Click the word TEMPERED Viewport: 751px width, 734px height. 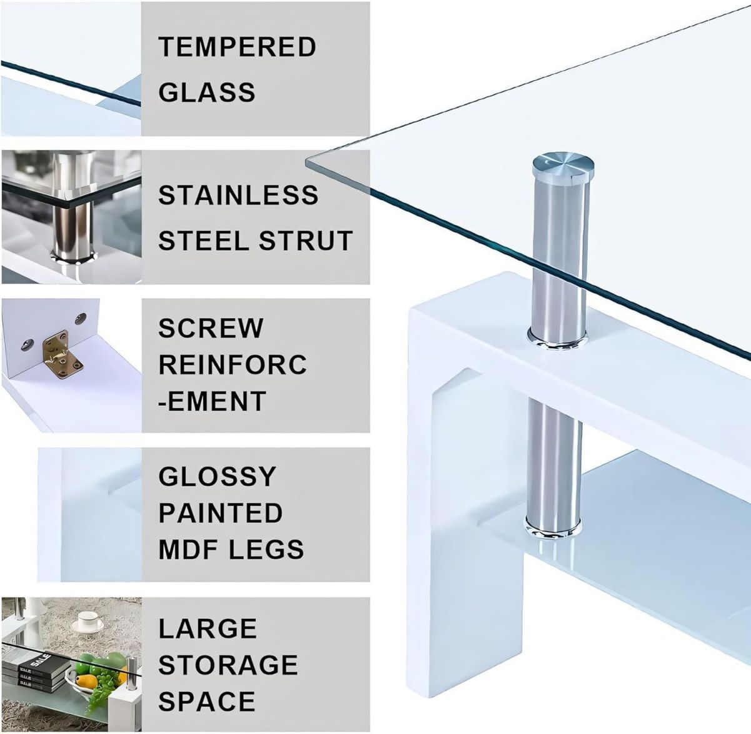(237, 47)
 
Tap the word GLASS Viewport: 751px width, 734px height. (207, 92)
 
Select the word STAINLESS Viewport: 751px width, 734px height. (238, 195)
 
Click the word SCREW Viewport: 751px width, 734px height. (211, 328)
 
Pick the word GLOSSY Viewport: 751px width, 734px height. (217, 476)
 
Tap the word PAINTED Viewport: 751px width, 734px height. (220, 513)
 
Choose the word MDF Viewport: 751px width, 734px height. (189, 549)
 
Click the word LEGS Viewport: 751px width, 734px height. (266, 549)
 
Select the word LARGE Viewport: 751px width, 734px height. (208, 628)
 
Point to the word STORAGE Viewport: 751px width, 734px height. (228, 665)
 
